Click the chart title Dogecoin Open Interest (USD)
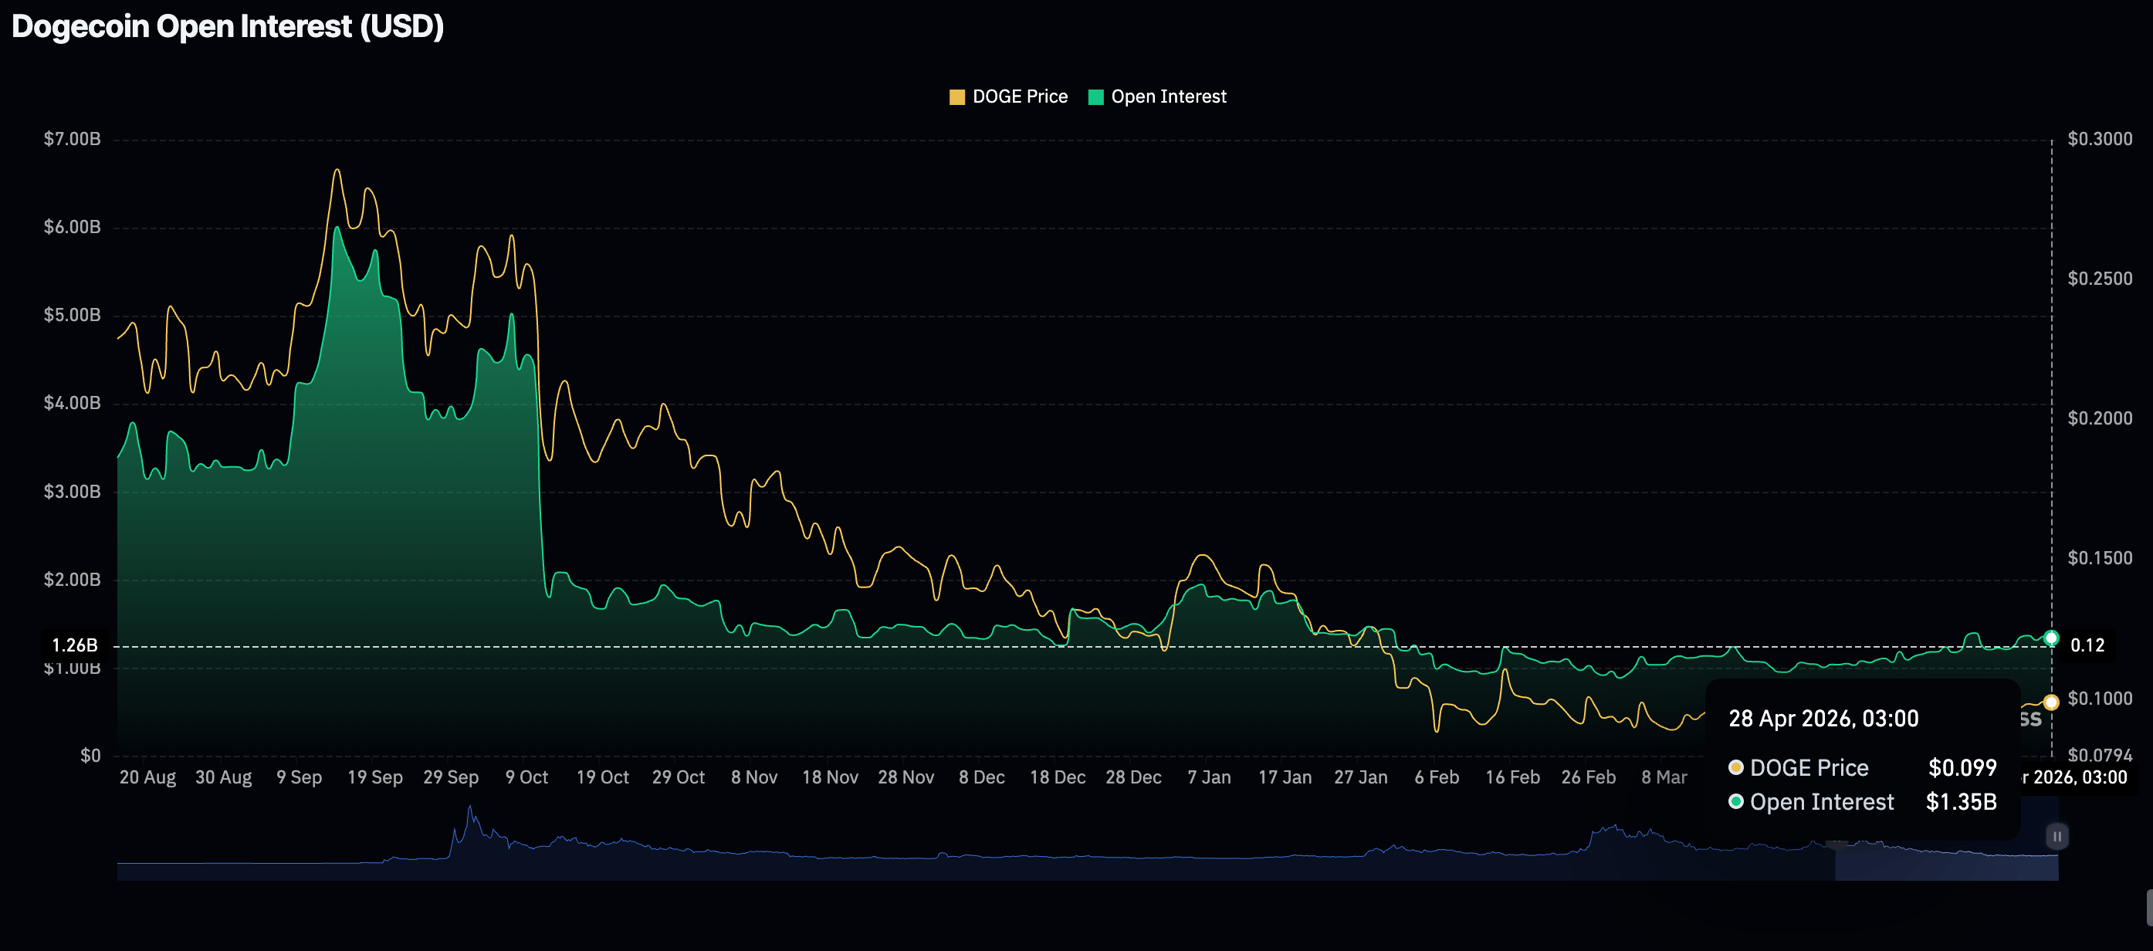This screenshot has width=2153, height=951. (x=227, y=27)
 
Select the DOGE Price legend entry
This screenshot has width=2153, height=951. (x=1009, y=97)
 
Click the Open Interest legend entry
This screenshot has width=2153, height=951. (x=1158, y=97)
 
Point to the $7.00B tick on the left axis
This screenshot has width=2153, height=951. (x=72, y=139)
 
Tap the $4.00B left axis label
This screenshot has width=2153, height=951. (x=72, y=403)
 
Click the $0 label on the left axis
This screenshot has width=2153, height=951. (x=90, y=756)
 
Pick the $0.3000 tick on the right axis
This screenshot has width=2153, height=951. (x=2100, y=139)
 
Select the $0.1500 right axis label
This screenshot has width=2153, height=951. (x=2100, y=557)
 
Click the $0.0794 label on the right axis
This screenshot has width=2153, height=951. (x=2100, y=756)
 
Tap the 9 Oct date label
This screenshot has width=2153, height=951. (x=526, y=777)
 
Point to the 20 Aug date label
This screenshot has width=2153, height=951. (x=148, y=777)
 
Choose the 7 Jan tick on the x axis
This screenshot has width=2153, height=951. (x=1209, y=777)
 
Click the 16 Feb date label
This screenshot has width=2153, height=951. (x=1512, y=777)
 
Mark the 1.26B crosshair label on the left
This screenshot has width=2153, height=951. (x=74, y=645)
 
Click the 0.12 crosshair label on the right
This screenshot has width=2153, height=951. (x=2087, y=645)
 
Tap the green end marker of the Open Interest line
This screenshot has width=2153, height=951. (x=2051, y=638)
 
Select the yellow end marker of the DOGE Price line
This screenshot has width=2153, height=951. (x=2051, y=702)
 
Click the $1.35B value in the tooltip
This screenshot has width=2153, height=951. (x=1961, y=802)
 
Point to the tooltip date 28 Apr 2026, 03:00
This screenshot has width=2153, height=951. (x=1823, y=719)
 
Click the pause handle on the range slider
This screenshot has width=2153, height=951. (x=2057, y=836)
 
